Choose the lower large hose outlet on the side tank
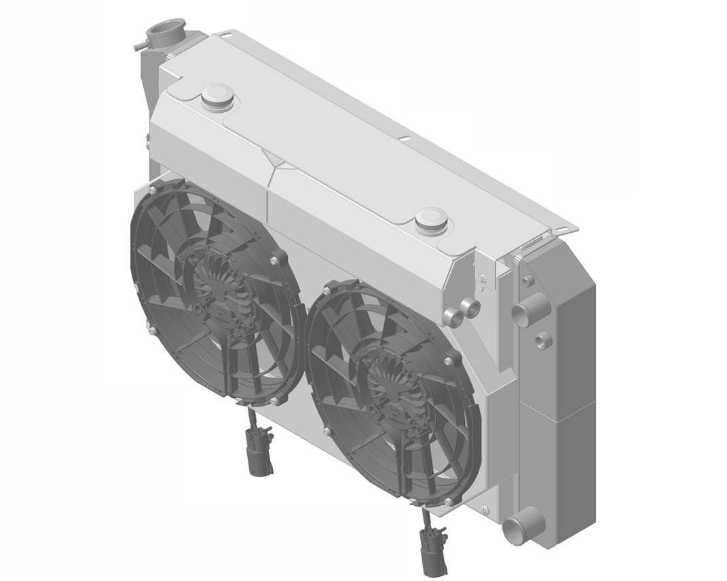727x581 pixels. tap(519, 527)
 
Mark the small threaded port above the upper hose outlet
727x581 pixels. tap(527, 280)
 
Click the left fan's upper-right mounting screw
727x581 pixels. tap(274, 260)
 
